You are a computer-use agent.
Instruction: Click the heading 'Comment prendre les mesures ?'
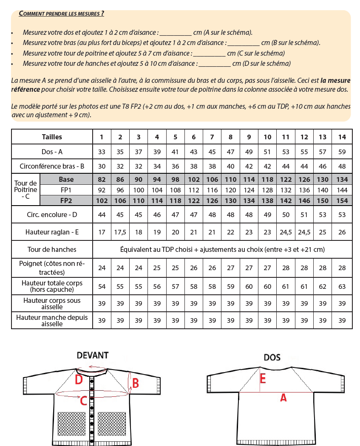pos(62,14)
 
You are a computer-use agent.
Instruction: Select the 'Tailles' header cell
pos(52,137)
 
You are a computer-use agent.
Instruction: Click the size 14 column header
pos(342,137)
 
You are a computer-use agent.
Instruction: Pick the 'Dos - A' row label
pos(52,152)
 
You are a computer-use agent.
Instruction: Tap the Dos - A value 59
pos(342,152)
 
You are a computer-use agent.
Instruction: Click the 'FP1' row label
pos(66,190)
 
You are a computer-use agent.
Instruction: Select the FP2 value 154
pos(342,200)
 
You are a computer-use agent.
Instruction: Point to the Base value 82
pos(102,180)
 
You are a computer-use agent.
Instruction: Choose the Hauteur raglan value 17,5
pos(120,232)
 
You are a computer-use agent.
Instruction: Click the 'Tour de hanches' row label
pos(52,249)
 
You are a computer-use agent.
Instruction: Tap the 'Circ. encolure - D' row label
pos(52,215)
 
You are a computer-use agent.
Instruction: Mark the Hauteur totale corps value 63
pos(342,286)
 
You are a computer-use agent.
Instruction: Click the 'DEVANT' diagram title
pos(92,355)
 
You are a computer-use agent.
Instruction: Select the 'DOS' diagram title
pos(272,358)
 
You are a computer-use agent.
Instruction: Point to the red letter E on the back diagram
pos(263,378)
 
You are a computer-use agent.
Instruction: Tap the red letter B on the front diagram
pos(136,383)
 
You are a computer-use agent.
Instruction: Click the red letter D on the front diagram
pos(79,379)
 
